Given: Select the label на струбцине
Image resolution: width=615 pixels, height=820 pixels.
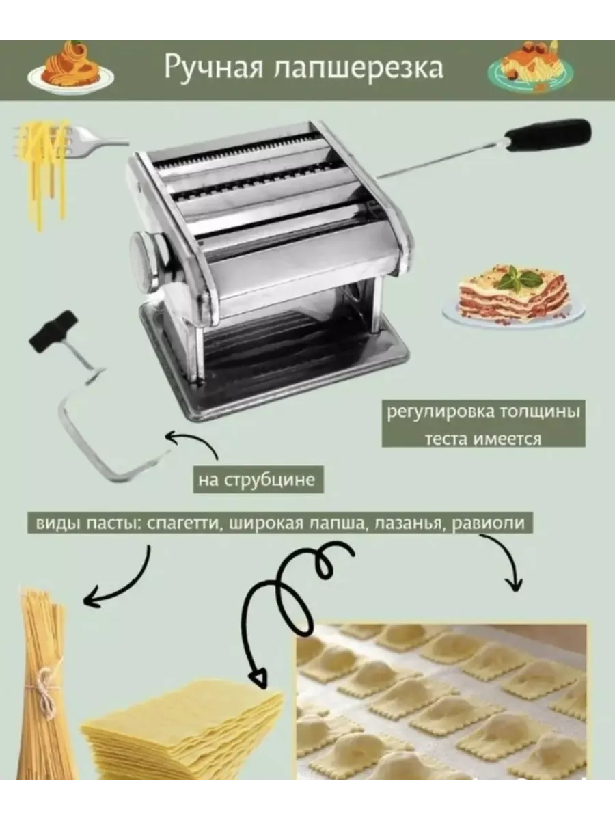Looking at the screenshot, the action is pyautogui.click(x=258, y=480).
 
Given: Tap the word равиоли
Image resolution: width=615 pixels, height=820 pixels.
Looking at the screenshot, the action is pyautogui.click(x=489, y=523).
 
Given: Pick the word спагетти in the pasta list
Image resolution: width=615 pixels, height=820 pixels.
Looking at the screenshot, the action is pyautogui.click(x=182, y=523).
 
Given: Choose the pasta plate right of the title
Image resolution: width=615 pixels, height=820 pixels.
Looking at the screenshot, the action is pyautogui.click(x=531, y=67).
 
